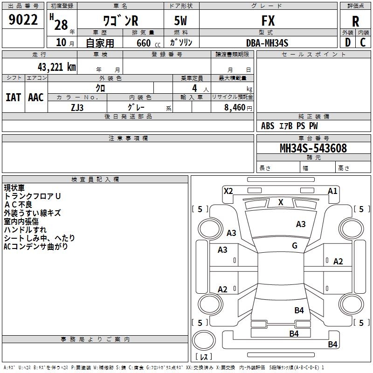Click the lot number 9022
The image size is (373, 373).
[x=23, y=20]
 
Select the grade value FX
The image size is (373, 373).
[x=268, y=21]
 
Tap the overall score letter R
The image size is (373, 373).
[x=355, y=21]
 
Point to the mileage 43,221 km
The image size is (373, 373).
[x=56, y=67]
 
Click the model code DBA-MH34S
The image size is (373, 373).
[x=267, y=43]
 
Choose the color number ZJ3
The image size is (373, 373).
[x=77, y=108]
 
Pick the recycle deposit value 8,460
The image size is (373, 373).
[x=235, y=107]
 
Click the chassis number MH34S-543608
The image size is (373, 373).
[x=313, y=148]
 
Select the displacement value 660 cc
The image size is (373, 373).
[x=148, y=43]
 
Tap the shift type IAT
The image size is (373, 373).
[x=14, y=97]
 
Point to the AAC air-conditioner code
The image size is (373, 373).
[x=36, y=97]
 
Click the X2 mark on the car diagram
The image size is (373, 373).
[x=228, y=191]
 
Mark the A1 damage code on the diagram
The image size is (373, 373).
[x=332, y=191]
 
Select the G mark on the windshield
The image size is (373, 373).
[x=295, y=245]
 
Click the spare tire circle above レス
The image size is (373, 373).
[x=204, y=340]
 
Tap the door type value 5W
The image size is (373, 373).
[x=180, y=21]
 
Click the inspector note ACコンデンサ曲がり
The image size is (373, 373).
[x=36, y=247]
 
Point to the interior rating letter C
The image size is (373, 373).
[x=363, y=42]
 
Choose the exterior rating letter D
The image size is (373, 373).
[x=348, y=42]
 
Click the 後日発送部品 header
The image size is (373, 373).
[x=128, y=116]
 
